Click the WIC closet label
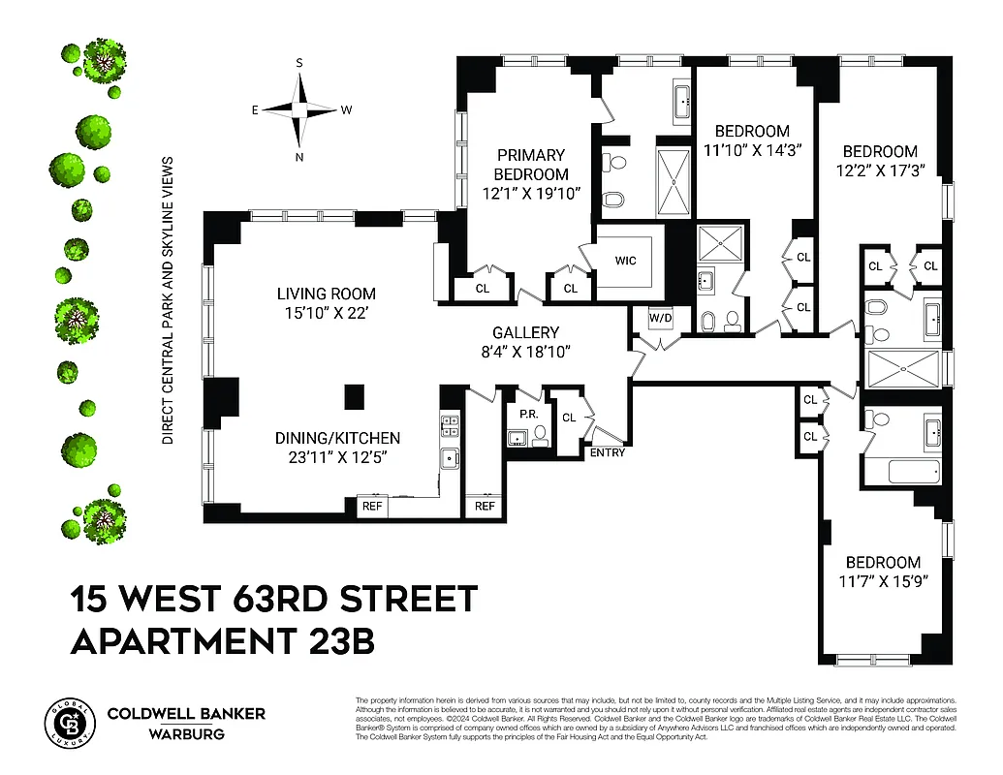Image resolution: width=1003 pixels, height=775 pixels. point(625,261)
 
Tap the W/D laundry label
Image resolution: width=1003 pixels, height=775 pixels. point(661,318)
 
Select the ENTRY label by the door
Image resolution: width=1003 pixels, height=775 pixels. point(608,452)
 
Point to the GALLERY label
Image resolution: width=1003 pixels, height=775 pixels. point(525,332)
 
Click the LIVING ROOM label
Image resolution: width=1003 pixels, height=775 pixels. point(326,294)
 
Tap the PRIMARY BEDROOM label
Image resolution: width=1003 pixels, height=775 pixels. point(531,164)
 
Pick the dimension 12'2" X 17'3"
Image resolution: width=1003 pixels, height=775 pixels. point(879,170)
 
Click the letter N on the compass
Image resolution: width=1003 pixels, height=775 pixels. point(299,157)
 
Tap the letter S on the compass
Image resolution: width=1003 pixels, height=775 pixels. point(299,63)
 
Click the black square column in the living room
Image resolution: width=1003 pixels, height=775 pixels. point(355,394)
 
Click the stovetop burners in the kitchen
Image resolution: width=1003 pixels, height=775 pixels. point(450,422)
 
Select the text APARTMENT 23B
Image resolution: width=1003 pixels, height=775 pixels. point(223,641)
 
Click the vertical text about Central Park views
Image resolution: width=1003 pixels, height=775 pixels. point(167,300)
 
